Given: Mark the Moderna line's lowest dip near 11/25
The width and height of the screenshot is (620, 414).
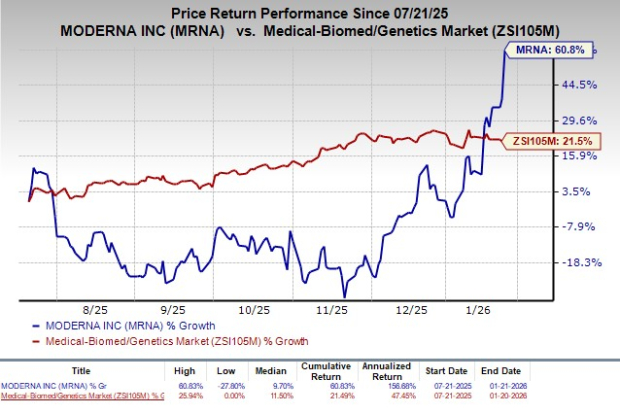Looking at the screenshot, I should click(344, 296).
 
